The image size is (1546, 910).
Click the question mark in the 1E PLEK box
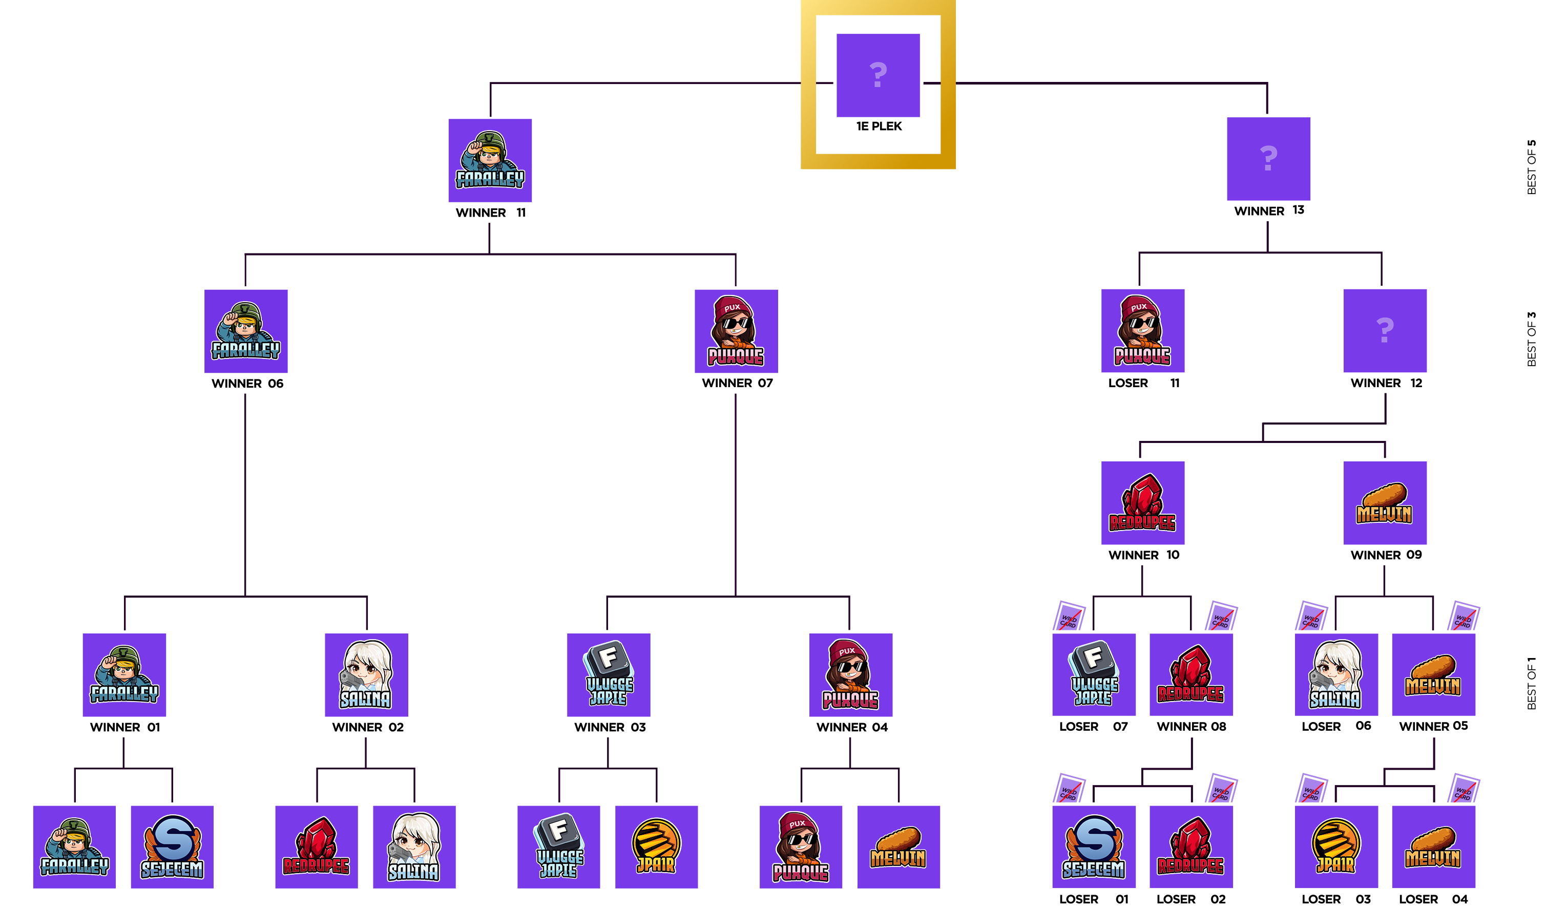click(x=878, y=75)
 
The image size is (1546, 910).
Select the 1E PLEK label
click(x=879, y=126)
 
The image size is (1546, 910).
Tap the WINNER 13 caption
click(x=1269, y=211)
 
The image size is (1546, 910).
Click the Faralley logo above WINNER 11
click(x=490, y=160)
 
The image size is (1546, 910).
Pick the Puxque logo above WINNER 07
click(x=736, y=331)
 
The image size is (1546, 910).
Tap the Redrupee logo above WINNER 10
click(x=1142, y=503)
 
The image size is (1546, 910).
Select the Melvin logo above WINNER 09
click(x=1385, y=503)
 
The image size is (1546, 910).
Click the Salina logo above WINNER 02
click(x=366, y=674)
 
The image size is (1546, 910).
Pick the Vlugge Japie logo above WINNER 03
click(x=609, y=674)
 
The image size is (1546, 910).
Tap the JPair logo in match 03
click(x=656, y=847)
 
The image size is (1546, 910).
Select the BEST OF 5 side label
click(x=1531, y=167)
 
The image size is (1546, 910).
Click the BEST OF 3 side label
click(x=1531, y=339)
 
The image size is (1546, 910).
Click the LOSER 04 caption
click(x=1433, y=899)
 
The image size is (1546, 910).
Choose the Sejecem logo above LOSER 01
click(x=1094, y=847)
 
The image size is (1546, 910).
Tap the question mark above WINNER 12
click(x=1385, y=330)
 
